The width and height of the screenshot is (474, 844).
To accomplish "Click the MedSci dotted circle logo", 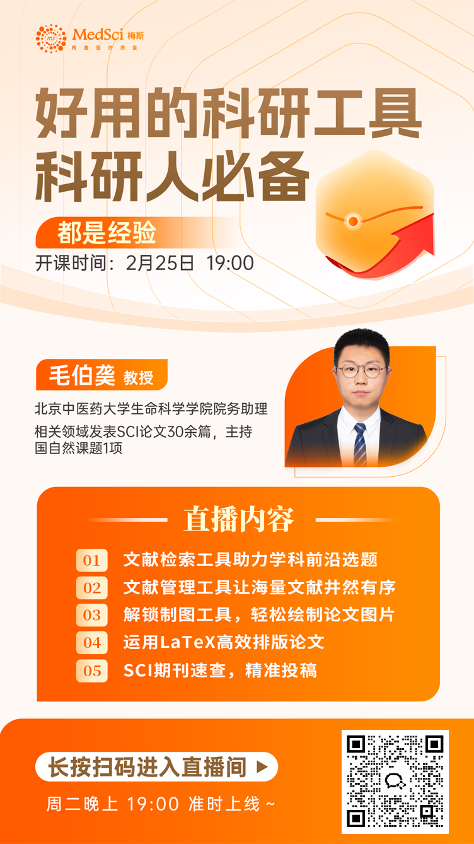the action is (x=51, y=38).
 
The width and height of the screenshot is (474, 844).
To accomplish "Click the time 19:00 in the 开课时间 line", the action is (x=230, y=263).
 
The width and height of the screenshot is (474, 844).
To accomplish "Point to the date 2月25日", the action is (x=160, y=263).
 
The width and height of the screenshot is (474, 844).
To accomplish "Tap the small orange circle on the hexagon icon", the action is (x=353, y=221).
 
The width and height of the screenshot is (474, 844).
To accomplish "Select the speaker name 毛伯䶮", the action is (x=82, y=375).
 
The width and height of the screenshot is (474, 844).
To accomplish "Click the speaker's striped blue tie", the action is (x=360, y=444).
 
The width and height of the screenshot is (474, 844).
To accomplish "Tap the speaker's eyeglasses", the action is (x=361, y=371).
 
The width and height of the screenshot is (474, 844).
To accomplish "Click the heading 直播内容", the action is (x=238, y=520).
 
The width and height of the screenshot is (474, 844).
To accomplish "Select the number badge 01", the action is (x=92, y=560).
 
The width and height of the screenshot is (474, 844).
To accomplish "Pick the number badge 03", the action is (x=92, y=615).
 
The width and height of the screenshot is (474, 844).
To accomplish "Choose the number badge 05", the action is (x=92, y=671).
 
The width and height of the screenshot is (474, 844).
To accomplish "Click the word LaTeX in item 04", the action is (x=188, y=642).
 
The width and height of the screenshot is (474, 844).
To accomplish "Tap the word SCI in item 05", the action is (x=137, y=671).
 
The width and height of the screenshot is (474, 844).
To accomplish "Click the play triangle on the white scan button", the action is (x=262, y=766).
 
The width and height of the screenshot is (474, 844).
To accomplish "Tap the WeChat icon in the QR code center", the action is (x=395, y=781).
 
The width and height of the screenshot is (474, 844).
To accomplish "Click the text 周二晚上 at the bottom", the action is (x=82, y=804).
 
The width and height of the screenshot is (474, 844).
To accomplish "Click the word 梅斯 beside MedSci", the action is (x=136, y=36).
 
